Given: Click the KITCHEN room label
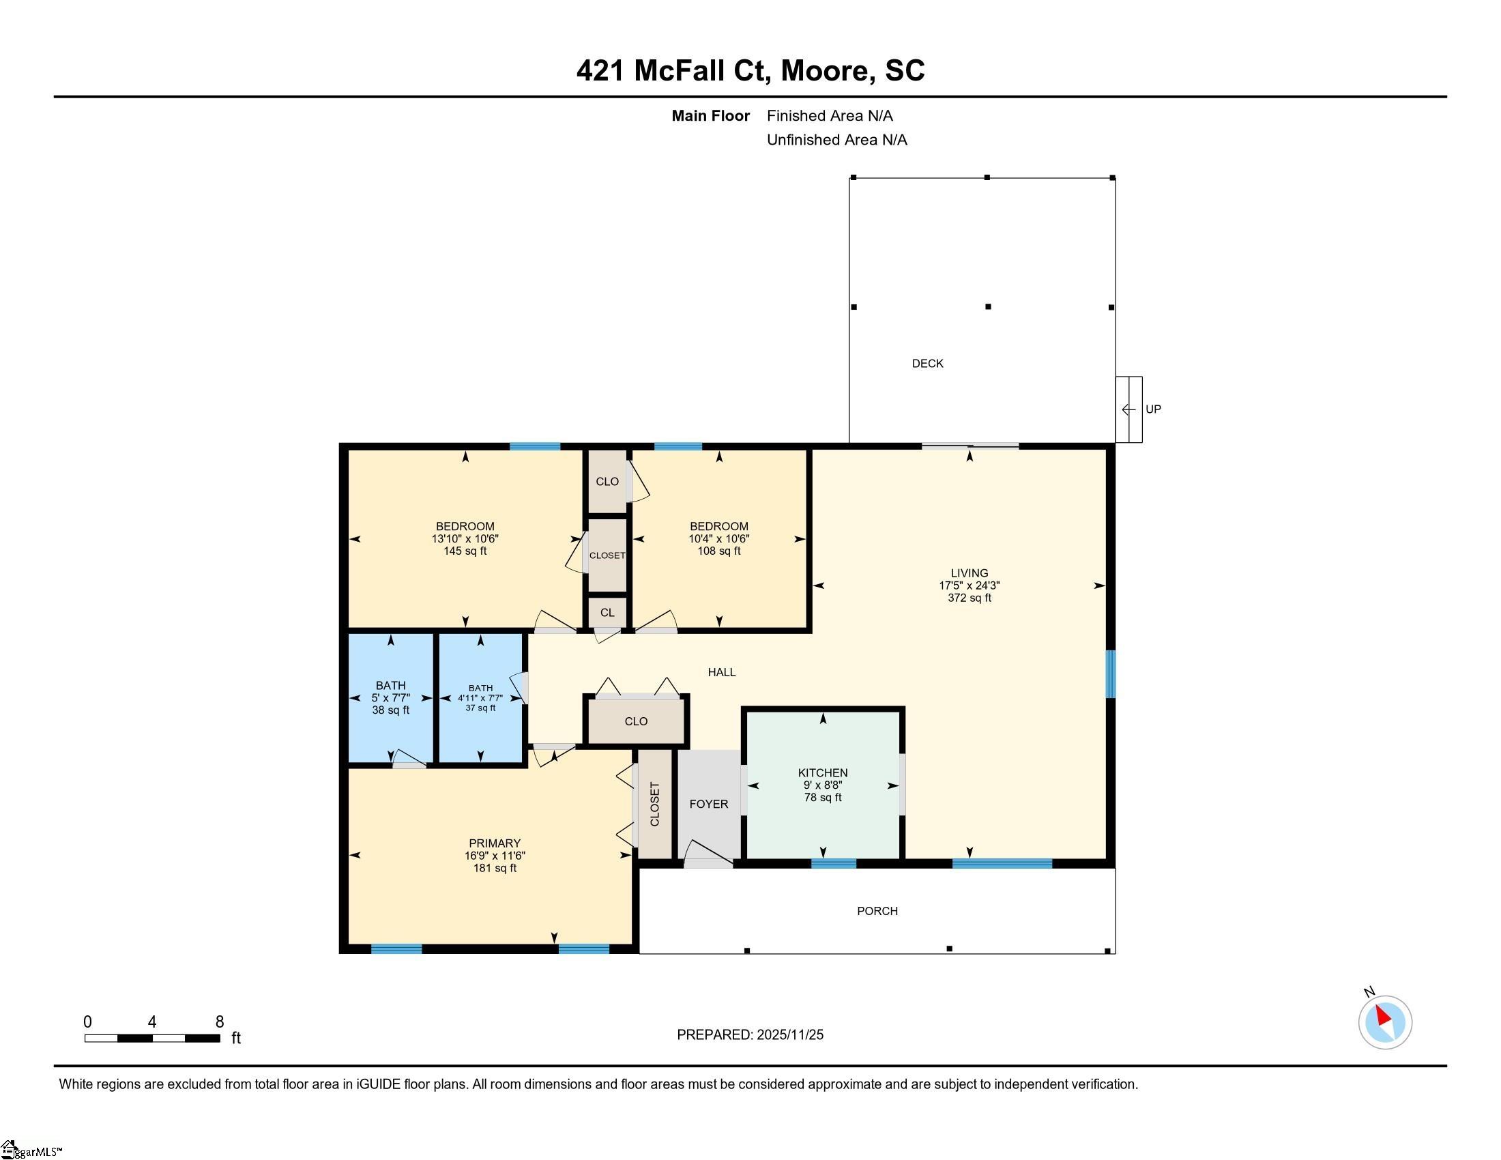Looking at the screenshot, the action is tap(823, 772).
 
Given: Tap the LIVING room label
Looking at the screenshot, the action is tap(969, 572).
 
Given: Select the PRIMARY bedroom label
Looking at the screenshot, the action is tap(494, 843).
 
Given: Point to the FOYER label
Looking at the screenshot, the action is tap(709, 803).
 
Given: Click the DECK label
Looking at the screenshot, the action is tap(927, 364).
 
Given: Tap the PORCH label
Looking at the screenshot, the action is tap(877, 910).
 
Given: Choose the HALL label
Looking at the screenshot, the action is tap(722, 672).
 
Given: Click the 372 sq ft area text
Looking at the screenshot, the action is tap(969, 598).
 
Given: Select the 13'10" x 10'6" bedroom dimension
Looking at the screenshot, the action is tap(465, 539).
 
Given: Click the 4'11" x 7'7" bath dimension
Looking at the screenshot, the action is tap(480, 698).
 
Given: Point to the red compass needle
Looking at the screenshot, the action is tap(1383, 1015).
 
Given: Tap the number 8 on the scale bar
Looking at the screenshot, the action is tap(219, 1021).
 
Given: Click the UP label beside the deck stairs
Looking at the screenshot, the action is tap(1152, 409).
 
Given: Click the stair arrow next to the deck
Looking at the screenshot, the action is tap(1128, 409).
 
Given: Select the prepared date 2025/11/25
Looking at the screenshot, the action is tap(789, 1034).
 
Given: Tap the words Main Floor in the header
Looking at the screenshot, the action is tap(710, 115).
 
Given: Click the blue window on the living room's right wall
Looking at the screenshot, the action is tap(1111, 673).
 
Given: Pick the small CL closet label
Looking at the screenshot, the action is tap(607, 612).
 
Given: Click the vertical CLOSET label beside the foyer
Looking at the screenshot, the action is tap(654, 804).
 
